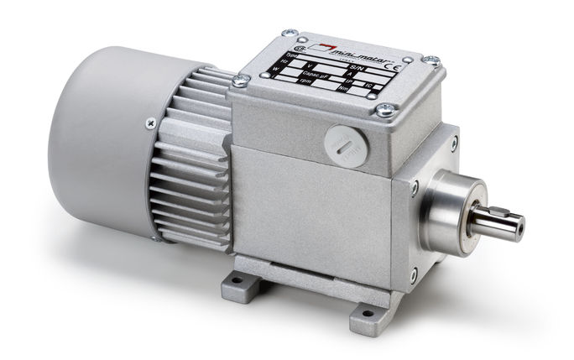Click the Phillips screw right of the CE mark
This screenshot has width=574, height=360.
(432, 60)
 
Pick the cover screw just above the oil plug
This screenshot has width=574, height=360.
(387, 108)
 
